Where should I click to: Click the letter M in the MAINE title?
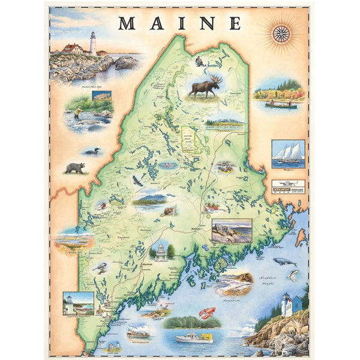point(127,23)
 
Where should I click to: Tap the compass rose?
point(281,34)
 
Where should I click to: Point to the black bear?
point(74,168)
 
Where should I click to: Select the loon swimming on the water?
point(91,151)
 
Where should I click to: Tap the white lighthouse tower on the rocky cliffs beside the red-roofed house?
point(92,44)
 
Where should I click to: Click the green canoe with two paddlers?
point(281,104)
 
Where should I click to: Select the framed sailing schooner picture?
point(288,153)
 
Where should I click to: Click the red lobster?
point(207,313)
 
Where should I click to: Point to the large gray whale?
point(284,262)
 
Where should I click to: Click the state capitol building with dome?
point(161,251)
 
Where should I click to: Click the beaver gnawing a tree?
point(170,211)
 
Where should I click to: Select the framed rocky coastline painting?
point(232,230)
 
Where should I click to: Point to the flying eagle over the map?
point(137,179)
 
